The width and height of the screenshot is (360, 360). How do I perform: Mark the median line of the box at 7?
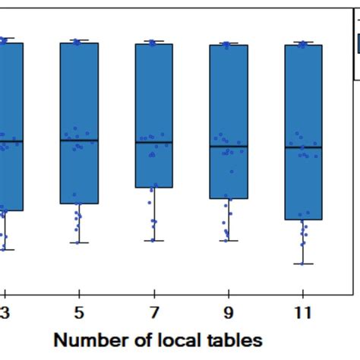pos(154,142)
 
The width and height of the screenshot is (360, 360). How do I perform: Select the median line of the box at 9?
pos(229,146)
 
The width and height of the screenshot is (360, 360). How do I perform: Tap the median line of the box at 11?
pos(303,147)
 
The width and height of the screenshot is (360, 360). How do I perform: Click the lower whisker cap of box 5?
pos(79,243)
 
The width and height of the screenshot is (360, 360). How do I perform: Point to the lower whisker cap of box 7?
pos(154,241)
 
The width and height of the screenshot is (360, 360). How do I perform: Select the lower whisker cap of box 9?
pos(229,242)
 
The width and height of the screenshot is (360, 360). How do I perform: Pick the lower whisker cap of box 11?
pos(303,264)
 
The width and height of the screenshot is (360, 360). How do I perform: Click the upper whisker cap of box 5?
pos(79,40)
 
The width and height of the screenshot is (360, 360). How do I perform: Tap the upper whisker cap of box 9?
pos(229,43)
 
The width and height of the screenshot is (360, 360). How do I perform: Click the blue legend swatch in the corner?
pos(357,46)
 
